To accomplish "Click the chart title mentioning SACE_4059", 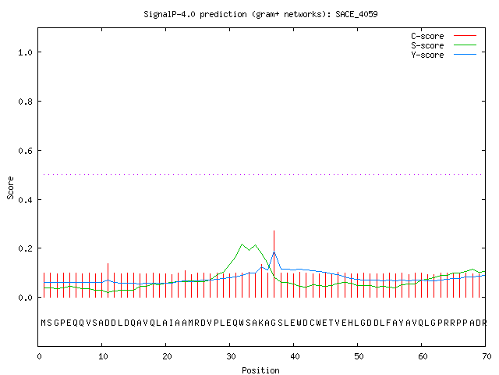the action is [260, 14].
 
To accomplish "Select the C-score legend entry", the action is [427, 36].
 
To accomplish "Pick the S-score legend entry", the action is [427, 45].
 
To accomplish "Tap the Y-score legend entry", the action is [427, 55].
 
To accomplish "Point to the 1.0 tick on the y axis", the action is [26, 52].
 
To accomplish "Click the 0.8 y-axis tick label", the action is [26, 102].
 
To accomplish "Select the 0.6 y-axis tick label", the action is [26, 151].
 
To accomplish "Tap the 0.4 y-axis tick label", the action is [26, 200].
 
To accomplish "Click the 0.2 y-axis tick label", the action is [26, 248].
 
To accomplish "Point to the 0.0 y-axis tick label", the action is [26, 298].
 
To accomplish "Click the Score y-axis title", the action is [10, 187].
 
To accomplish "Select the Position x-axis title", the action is [260, 370].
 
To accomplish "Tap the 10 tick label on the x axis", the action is [103, 356].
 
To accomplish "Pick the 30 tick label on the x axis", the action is [231, 356].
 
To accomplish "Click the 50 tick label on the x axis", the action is [359, 356].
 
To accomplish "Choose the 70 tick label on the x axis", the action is [487, 356].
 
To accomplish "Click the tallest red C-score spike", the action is [274, 264].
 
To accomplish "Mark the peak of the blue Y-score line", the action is [274, 252].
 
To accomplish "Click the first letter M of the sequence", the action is [44, 323].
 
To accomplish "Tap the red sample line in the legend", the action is [465, 36].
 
